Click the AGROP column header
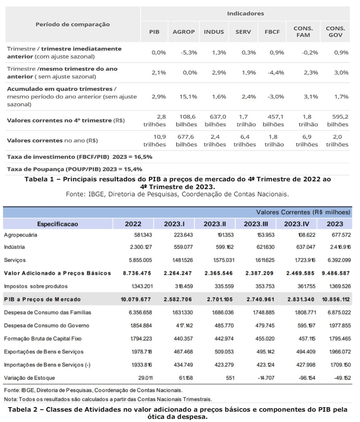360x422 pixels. [x=184, y=31]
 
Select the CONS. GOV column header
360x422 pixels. [x=335, y=31]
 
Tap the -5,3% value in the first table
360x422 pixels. [x=184, y=53]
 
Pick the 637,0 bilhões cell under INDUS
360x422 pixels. [x=215, y=121]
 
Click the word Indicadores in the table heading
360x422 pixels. [x=245, y=13]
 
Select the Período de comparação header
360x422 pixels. [x=72, y=24]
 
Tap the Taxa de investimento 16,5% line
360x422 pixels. [x=79, y=157]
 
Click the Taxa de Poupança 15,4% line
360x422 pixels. [x=75, y=168]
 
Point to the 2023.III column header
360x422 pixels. [x=255, y=224]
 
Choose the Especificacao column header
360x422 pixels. [x=58, y=224]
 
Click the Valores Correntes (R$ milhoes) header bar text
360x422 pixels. [x=303, y=212]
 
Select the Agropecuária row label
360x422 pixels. [x=24, y=235]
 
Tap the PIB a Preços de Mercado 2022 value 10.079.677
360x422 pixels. [x=137, y=299]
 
